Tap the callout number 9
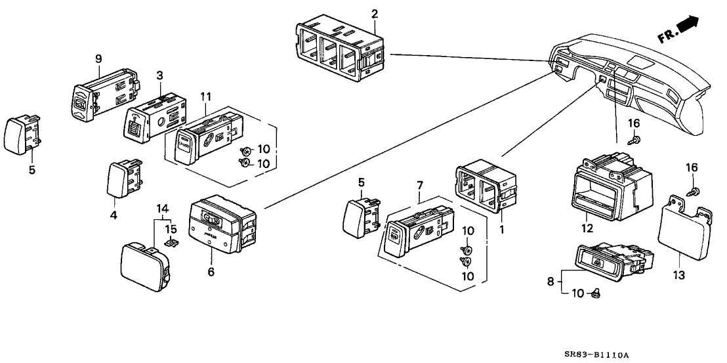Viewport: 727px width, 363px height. (x=98, y=59)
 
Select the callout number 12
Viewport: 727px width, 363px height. (x=587, y=228)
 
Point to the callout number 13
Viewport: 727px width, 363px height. (x=679, y=276)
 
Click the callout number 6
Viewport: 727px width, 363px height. (x=210, y=272)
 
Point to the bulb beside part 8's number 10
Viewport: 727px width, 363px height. (x=596, y=293)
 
